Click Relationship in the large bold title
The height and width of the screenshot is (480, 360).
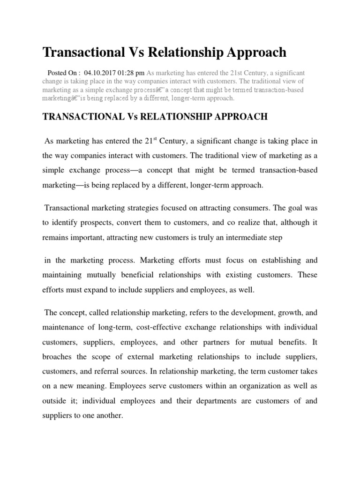[172, 52]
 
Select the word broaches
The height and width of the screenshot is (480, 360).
[57, 356]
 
